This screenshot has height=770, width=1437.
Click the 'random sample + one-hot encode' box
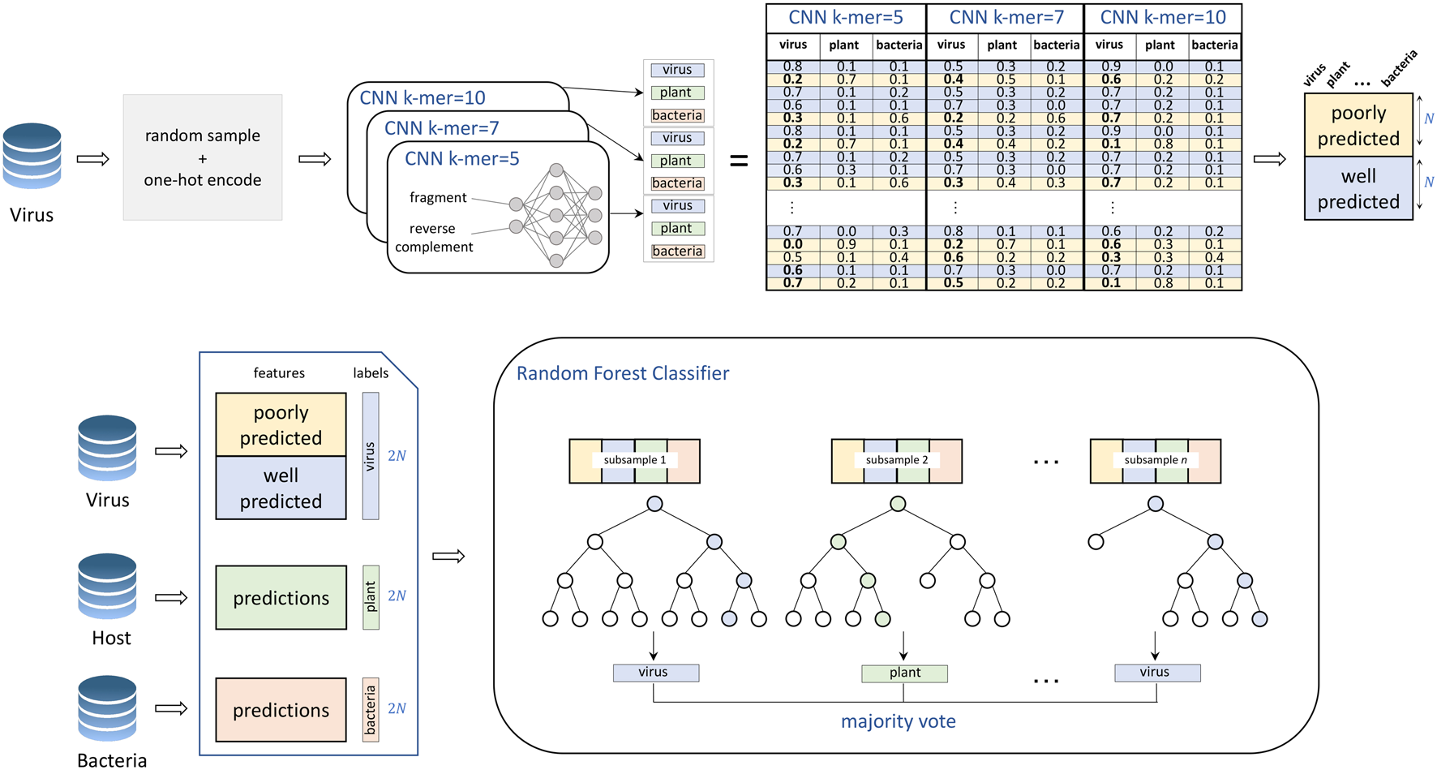point(202,157)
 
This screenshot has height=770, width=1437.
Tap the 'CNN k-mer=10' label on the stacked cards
point(422,98)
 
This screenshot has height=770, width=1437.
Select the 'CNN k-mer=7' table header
point(1006,17)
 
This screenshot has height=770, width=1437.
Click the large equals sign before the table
point(739,161)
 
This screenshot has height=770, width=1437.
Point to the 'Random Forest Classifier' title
point(622,373)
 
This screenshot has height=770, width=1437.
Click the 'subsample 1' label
point(634,460)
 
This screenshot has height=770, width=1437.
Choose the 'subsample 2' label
point(896,460)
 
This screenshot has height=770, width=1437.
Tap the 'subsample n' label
point(1155,460)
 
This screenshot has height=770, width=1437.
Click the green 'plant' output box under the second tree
point(903,673)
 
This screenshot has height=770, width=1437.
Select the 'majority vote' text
point(898,721)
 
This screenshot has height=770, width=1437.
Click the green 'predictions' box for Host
point(281,598)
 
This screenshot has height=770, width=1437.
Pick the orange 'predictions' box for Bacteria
point(281,710)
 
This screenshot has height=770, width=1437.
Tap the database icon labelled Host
point(107,586)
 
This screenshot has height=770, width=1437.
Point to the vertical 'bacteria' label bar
point(371,710)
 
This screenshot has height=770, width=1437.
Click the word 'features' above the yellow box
point(279,373)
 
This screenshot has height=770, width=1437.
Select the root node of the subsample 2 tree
point(897,504)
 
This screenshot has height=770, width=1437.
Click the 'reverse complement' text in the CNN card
point(434,238)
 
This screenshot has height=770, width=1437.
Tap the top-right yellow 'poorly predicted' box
point(1358,125)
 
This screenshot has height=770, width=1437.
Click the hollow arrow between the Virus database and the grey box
point(92,159)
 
